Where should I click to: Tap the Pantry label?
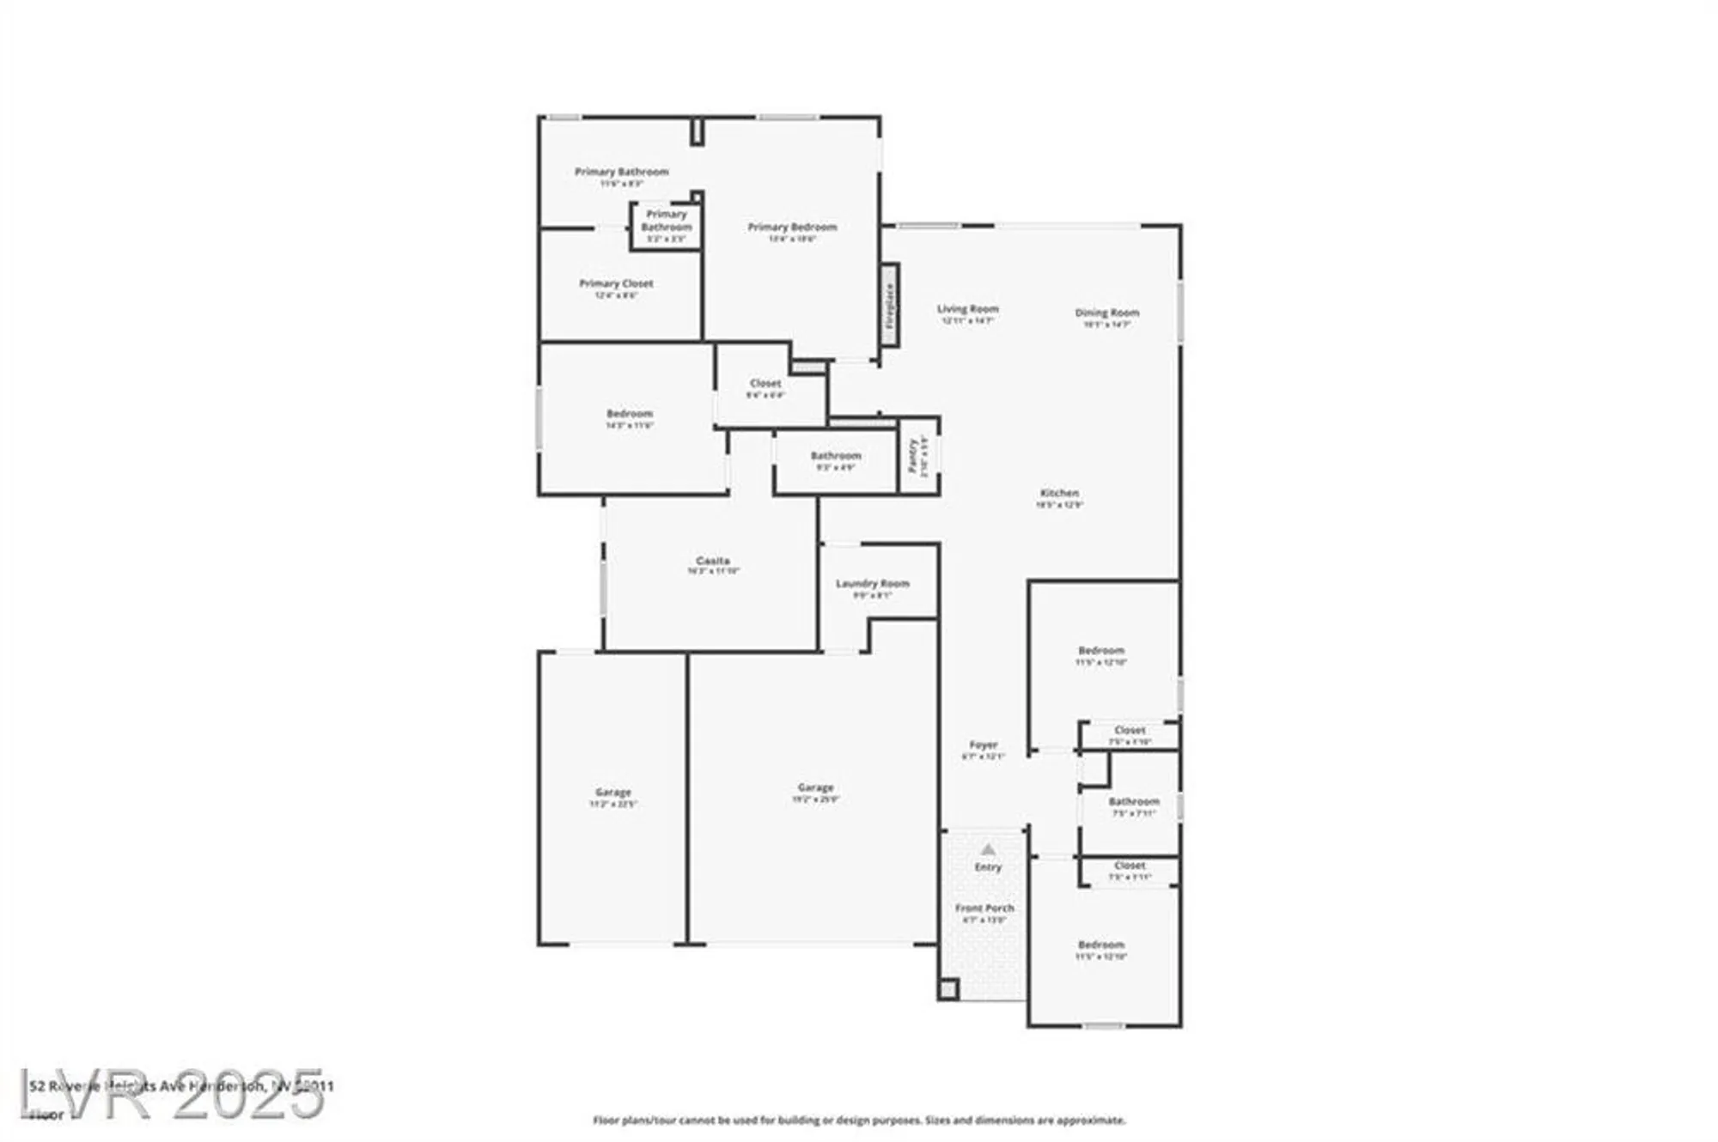912,456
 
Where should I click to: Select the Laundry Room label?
872,584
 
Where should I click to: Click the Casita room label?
713,561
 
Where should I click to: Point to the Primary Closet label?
616,283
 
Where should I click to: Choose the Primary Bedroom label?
792,228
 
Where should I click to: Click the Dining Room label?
1106,313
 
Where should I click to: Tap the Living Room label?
967,309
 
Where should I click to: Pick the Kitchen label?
1059,494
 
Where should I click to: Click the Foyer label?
984,745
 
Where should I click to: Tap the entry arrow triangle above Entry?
988,850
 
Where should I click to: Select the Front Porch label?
984,908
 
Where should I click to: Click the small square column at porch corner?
947,990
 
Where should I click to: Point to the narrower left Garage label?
612,793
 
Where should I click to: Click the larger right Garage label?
815,787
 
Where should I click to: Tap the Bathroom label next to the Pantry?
835,456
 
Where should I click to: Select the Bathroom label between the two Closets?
1133,802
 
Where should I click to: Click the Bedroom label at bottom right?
1100,945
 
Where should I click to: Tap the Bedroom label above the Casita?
630,414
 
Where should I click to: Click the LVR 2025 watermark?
172,1095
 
